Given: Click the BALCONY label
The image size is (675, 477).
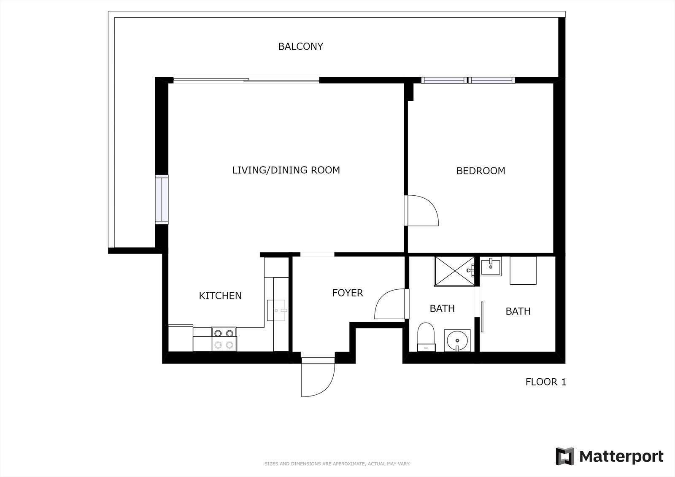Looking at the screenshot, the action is (x=300, y=46).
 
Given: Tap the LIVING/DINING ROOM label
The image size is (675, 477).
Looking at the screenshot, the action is (x=286, y=170).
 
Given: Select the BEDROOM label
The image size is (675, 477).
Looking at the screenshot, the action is (x=481, y=171).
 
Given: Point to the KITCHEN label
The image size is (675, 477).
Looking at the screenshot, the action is (x=220, y=296).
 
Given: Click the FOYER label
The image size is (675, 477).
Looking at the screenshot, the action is (x=348, y=293).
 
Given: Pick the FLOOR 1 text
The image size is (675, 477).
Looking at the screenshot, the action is (x=546, y=382).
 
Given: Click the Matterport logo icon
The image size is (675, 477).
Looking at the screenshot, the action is (x=565, y=456).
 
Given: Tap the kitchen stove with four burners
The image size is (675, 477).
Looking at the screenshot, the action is (x=224, y=339).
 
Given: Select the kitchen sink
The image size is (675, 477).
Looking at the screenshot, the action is (x=276, y=310).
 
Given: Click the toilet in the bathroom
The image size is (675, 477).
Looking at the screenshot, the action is (x=426, y=337).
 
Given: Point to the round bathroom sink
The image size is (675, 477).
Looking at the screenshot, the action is (x=457, y=340).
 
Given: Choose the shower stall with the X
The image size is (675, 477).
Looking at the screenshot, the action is (x=454, y=271).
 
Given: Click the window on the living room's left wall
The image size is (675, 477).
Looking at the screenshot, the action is (x=162, y=199).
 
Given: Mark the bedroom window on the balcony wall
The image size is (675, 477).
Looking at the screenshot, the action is (x=468, y=80).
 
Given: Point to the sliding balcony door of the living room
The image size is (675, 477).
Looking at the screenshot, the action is (x=246, y=80).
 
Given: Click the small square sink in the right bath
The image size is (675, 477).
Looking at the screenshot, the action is (x=491, y=266).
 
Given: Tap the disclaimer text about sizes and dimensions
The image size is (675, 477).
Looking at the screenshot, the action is (x=337, y=464).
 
